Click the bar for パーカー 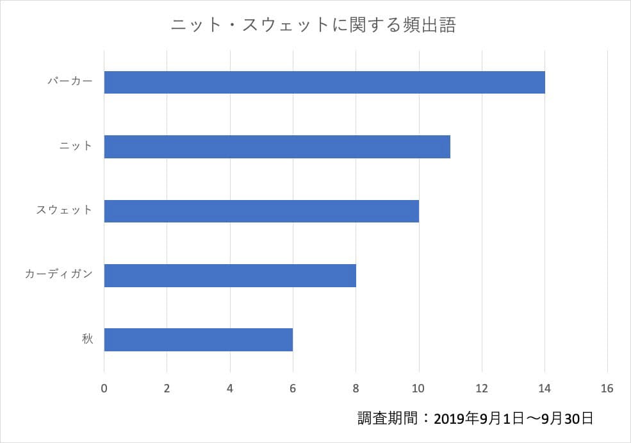point(324,82)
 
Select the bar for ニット point(277,147)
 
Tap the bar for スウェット point(261,211)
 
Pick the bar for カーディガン point(229,275)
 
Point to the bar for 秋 point(198,340)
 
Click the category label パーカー point(70,81)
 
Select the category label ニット point(76,146)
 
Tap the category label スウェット point(64,210)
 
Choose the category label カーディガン point(59,274)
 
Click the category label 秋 point(87,339)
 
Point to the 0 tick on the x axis point(104,389)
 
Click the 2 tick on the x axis point(167,389)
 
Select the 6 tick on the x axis point(293,389)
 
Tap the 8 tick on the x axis point(356,389)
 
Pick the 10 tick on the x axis point(419,389)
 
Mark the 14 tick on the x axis point(545,389)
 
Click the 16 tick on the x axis point(607,389)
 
